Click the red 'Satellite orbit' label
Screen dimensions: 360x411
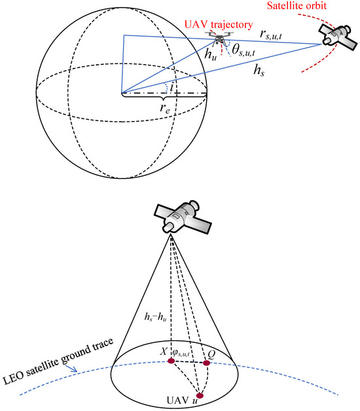tap(297, 5)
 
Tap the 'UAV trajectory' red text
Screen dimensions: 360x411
tap(219, 25)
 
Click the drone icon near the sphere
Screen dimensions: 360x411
tap(219, 38)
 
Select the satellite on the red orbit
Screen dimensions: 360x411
tap(338, 37)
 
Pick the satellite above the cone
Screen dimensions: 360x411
tap(183, 217)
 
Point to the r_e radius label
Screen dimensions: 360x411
tap(165, 107)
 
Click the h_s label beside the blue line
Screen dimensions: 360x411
tap(259, 70)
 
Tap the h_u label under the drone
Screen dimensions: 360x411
tap(211, 54)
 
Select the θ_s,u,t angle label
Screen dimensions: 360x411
tap(243, 50)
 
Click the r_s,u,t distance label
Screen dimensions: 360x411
tap(271, 34)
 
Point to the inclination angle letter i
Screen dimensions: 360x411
tap(171, 86)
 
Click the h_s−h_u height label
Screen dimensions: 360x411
tap(156, 317)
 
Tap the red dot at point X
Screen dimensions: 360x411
tap(171, 361)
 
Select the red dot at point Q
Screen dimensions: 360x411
tap(207, 363)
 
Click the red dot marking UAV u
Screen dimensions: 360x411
tap(200, 395)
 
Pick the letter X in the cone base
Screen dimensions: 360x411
tap(164, 351)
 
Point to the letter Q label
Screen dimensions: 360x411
tap(211, 354)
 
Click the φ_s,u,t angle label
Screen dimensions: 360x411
tap(181, 353)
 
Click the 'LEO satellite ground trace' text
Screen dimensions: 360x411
tap(58, 361)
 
